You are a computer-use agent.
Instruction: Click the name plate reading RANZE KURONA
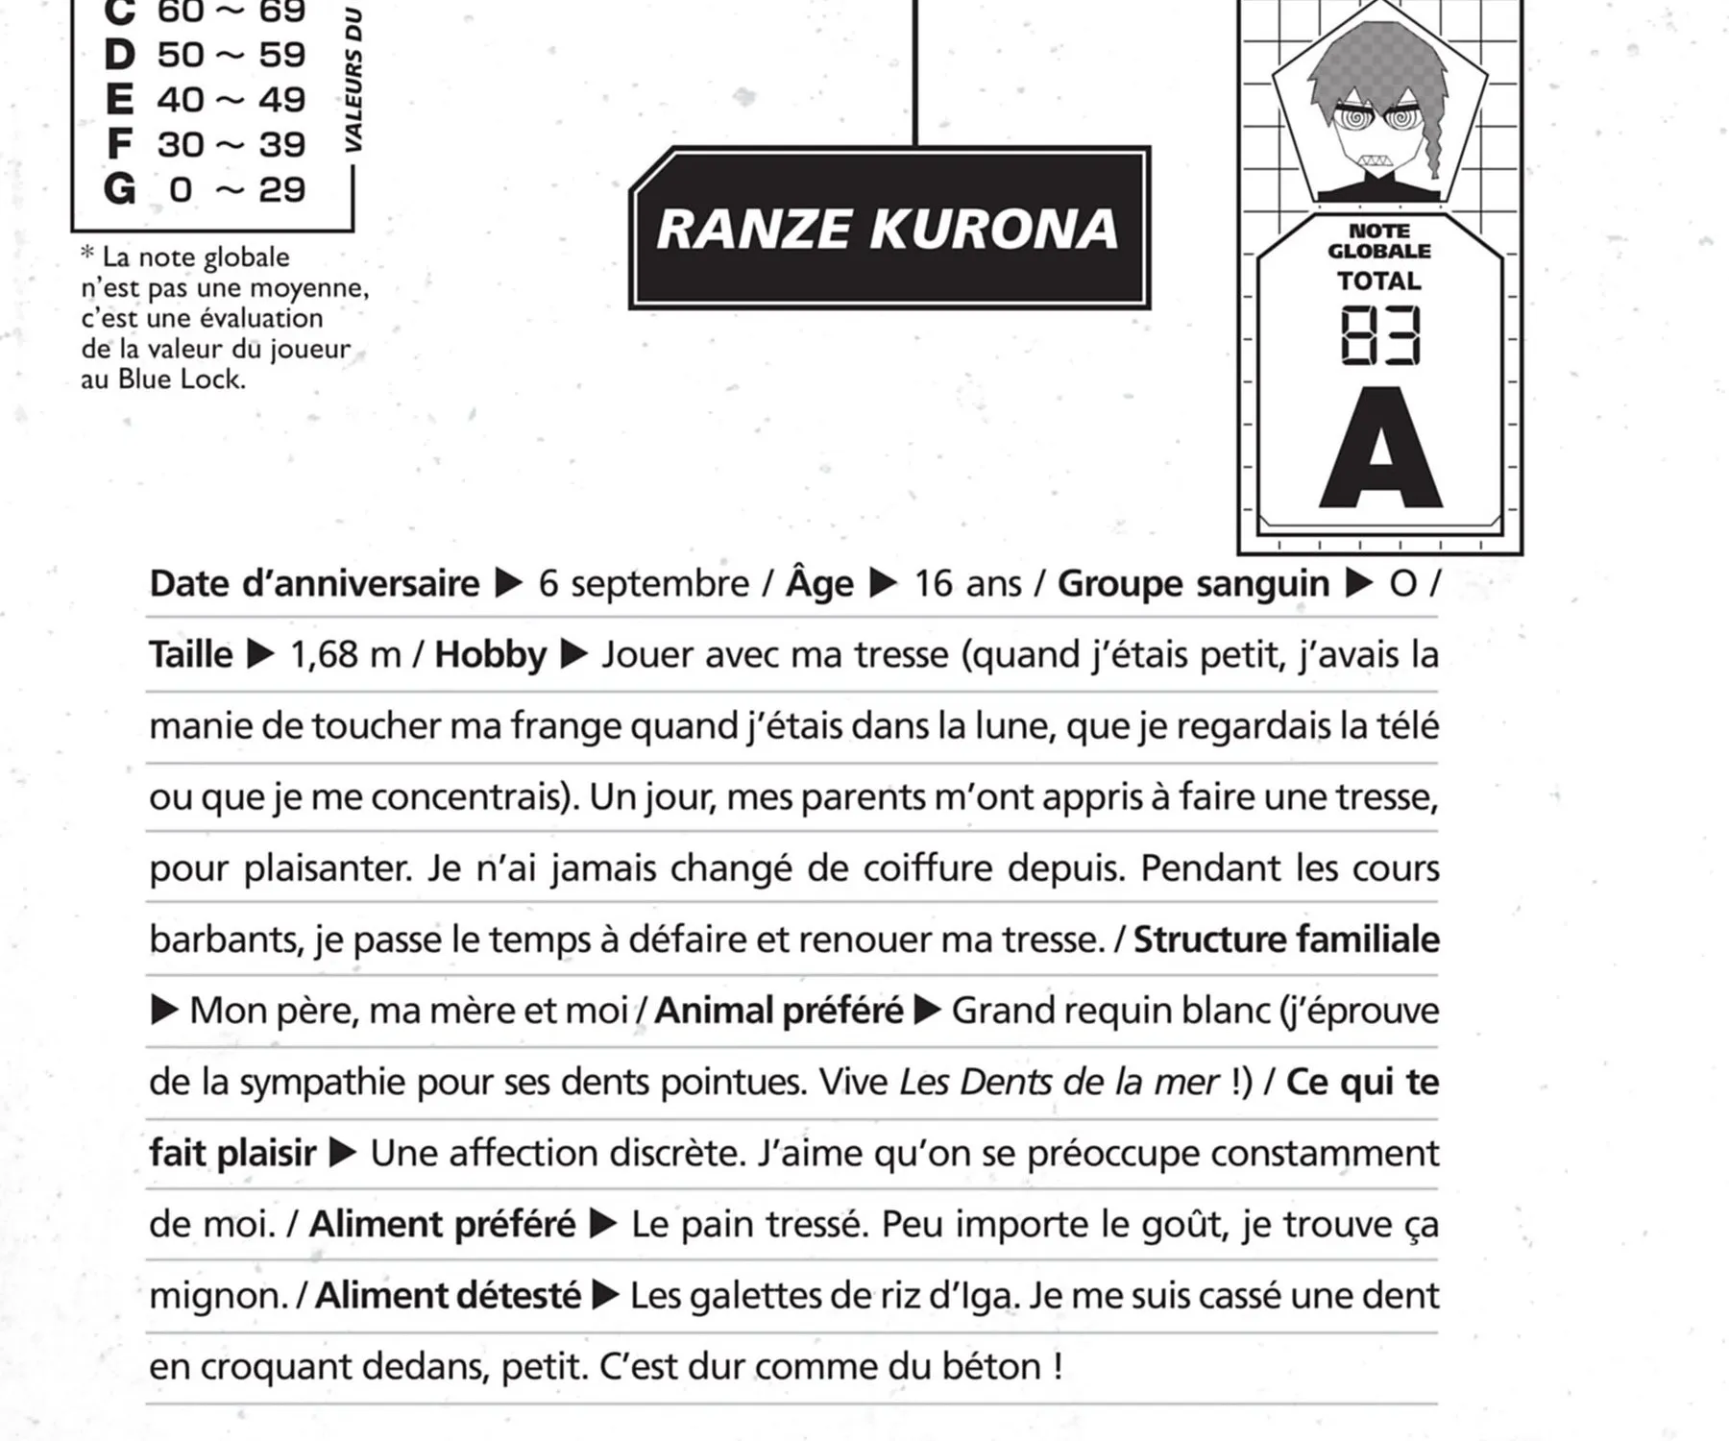coord(889,229)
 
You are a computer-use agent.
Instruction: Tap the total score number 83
coord(1379,336)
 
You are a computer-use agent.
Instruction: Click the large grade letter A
coord(1380,450)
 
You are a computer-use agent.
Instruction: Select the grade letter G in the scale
coord(119,189)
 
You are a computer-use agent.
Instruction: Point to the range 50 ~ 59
coord(231,55)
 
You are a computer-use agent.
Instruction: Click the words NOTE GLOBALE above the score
coord(1379,241)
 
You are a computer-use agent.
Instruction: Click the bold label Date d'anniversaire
coord(314,584)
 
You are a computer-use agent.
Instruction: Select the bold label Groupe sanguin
coord(1193,584)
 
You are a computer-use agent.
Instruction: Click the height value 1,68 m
coord(345,655)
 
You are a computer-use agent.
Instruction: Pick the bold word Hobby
coord(490,655)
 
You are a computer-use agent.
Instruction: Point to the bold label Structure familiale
coord(1286,940)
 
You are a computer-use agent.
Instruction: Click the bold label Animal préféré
coord(779,1011)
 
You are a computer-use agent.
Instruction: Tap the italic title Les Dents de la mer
coord(1059,1083)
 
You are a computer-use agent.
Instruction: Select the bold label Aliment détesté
coord(449,1296)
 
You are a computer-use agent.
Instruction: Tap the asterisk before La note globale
coord(88,256)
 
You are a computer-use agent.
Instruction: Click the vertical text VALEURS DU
coord(353,81)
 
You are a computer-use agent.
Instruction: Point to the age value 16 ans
coord(967,584)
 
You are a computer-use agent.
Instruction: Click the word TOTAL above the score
coord(1379,281)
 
